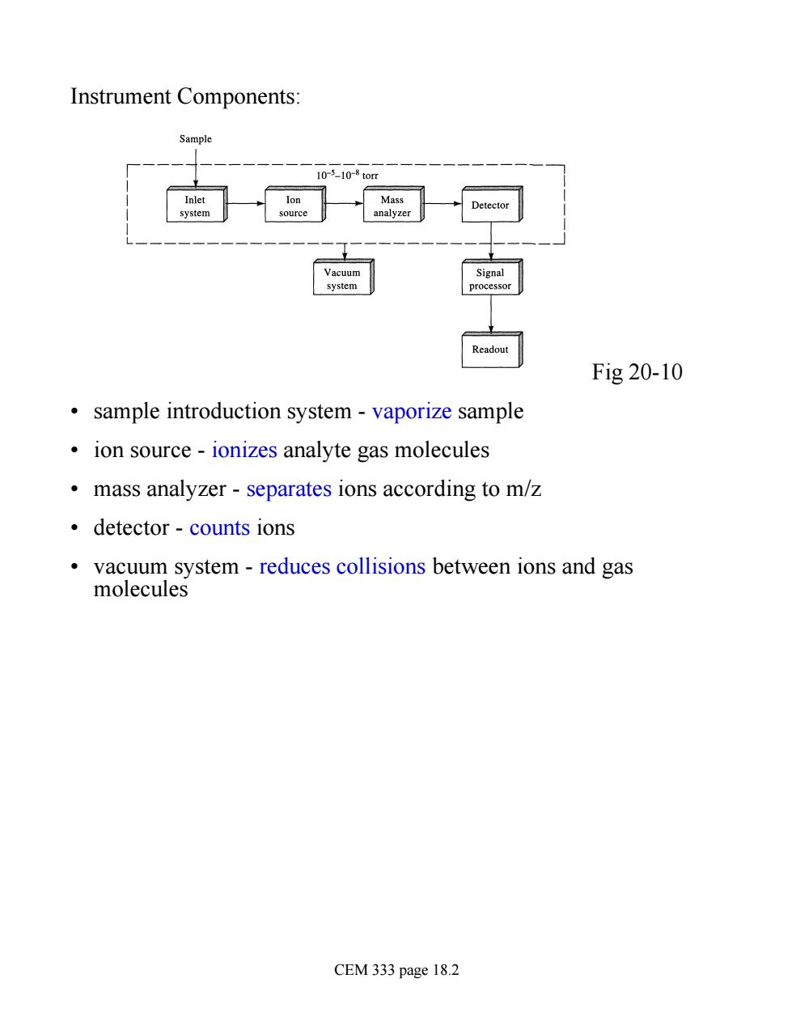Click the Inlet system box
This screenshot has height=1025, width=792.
click(x=197, y=204)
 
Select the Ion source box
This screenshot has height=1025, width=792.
click(x=294, y=204)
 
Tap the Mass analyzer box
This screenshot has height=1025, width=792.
click(x=393, y=204)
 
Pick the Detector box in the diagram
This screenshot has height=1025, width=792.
click(x=492, y=204)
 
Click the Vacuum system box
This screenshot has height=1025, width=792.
click(x=343, y=277)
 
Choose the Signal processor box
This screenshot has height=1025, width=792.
click(x=492, y=277)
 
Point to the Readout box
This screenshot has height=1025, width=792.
click(x=492, y=349)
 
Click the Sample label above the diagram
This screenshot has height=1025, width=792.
click(x=195, y=139)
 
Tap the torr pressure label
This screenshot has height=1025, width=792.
click(x=347, y=175)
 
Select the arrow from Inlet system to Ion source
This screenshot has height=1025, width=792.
click(x=246, y=204)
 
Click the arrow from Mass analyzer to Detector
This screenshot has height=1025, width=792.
click(x=443, y=204)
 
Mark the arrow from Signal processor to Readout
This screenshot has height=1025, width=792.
click(x=491, y=314)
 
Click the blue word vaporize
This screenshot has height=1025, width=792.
click(x=411, y=411)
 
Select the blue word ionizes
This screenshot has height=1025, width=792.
click(x=244, y=450)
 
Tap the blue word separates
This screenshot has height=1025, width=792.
click(x=289, y=489)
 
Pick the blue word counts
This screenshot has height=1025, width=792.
click(x=219, y=527)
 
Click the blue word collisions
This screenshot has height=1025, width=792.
click(x=381, y=566)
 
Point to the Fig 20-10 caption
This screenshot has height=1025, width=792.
click(x=637, y=371)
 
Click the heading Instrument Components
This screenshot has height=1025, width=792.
click(x=185, y=97)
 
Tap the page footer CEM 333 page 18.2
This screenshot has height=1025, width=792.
click(x=396, y=970)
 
